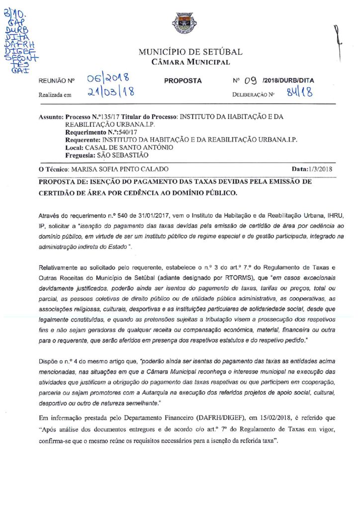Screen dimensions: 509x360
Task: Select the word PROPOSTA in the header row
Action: (182, 81)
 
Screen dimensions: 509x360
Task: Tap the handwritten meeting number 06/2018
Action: (107, 79)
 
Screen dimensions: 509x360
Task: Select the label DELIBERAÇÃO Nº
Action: (253, 94)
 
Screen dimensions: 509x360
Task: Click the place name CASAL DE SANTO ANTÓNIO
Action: (129, 148)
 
